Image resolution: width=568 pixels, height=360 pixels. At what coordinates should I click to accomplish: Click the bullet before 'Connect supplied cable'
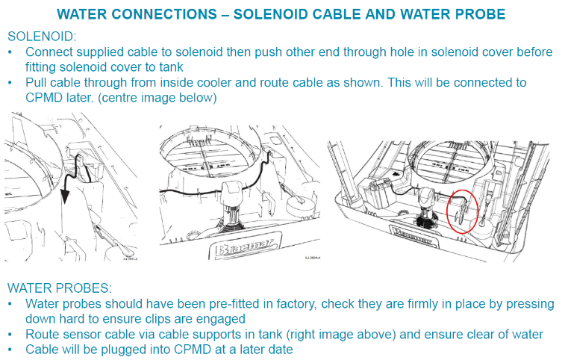pyautogui.click(x=10, y=52)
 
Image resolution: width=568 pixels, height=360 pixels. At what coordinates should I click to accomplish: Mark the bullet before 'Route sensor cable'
pyautogui.click(x=10, y=335)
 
